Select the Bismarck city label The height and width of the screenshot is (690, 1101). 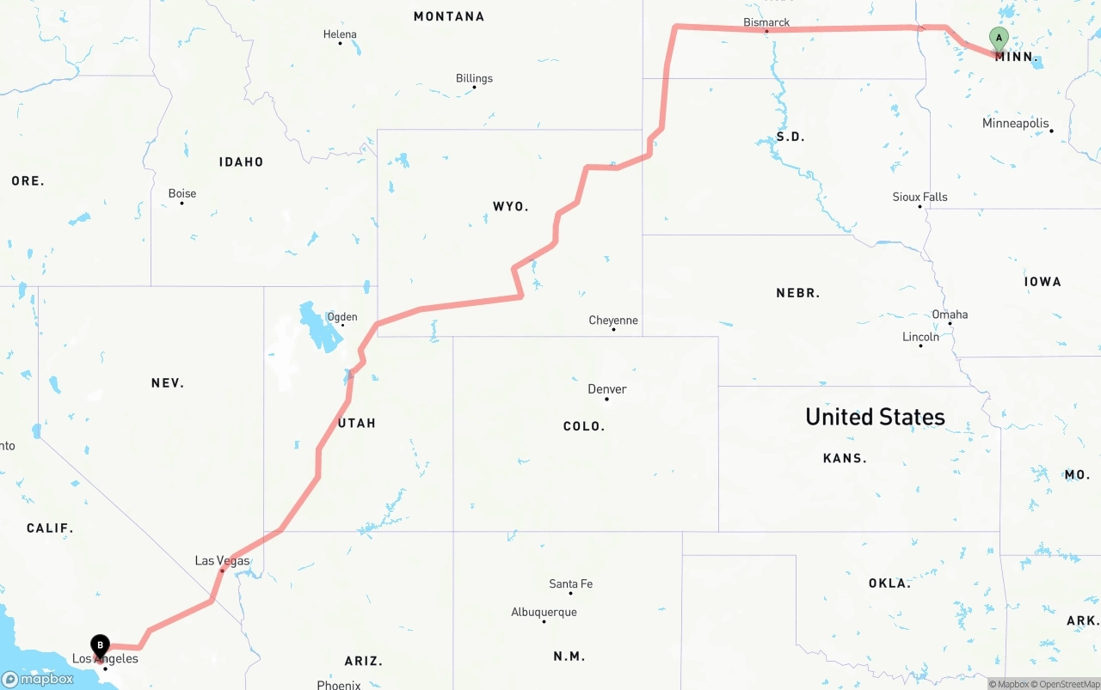pyautogui.click(x=766, y=22)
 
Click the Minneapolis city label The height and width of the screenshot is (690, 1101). pyautogui.click(x=1016, y=124)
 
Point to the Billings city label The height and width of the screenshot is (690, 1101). pyautogui.click(x=474, y=78)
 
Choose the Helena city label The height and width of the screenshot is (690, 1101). pyautogui.click(x=340, y=34)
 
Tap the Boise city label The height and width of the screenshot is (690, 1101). pyautogui.click(x=182, y=193)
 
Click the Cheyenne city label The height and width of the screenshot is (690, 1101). pyautogui.click(x=613, y=321)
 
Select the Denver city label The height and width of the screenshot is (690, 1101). pyautogui.click(x=607, y=389)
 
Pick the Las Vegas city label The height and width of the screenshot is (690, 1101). pyautogui.click(x=222, y=561)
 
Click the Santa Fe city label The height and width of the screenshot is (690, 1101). pyautogui.click(x=570, y=584)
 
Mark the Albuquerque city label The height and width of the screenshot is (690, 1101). pyautogui.click(x=544, y=613)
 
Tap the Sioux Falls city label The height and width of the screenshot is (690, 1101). pyautogui.click(x=920, y=197)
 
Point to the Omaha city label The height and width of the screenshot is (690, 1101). pyautogui.click(x=950, y=314)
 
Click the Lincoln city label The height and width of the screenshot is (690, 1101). pyautogui.click(x=920, y=337)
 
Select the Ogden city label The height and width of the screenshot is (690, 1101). pyautogui.click(x=342, y=317)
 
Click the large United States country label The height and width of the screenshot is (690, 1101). pyautogui.click(x=875, y=417)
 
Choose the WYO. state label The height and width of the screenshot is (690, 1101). pyautogui.click(x=510, y=206)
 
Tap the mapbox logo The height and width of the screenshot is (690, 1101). pyautogui.click(x=38, y=679)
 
